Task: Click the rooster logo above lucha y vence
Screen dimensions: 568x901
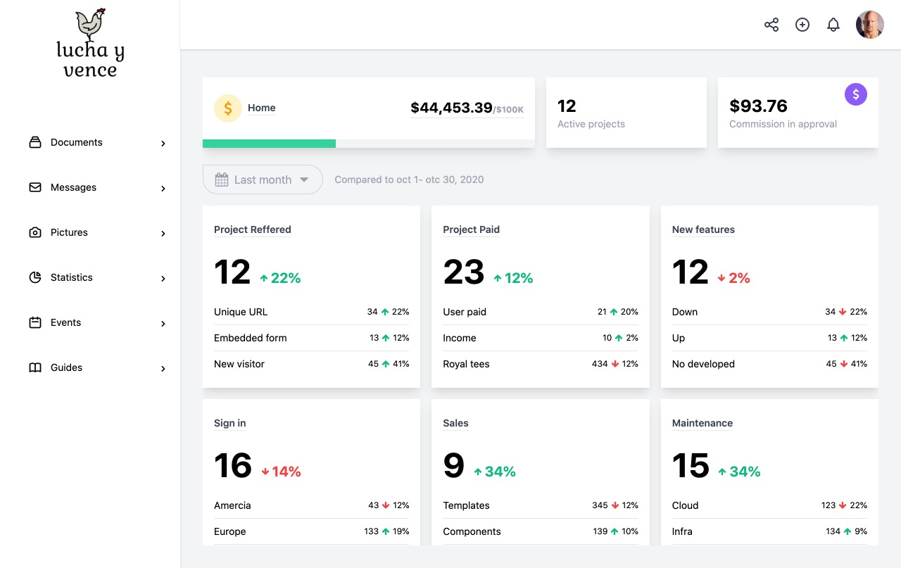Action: tap(90, 24)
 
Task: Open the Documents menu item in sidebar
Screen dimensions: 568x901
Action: tap(76, 142)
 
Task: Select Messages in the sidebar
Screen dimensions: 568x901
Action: tap(73, 187)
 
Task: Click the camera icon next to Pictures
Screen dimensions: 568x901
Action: tap(35, 232)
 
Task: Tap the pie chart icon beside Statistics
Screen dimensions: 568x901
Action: tap(35, 277)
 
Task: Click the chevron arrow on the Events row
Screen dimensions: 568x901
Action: tap(163, 324)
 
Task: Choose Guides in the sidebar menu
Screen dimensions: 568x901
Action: tap(66, 367)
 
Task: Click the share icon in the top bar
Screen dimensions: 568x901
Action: tap(771, 25)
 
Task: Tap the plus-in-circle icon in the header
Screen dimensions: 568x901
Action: tap(802, 25)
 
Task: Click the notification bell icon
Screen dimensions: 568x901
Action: tap(833, 25)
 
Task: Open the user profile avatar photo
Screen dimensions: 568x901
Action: tap(870, 25)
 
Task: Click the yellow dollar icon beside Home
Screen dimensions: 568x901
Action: tap(228, 108)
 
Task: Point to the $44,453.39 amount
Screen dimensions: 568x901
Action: tap(451, 108)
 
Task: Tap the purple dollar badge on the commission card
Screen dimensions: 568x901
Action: tap(856, 94)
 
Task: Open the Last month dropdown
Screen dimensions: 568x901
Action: tap(263, 179)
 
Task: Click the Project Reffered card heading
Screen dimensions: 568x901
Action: tap(252, 229)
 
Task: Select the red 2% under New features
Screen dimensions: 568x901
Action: tap(733, 278)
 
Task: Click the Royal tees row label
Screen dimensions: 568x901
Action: tap(466, 364)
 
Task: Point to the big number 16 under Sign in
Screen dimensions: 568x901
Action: tap(233, 466)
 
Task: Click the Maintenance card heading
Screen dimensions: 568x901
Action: tap(702, 423)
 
